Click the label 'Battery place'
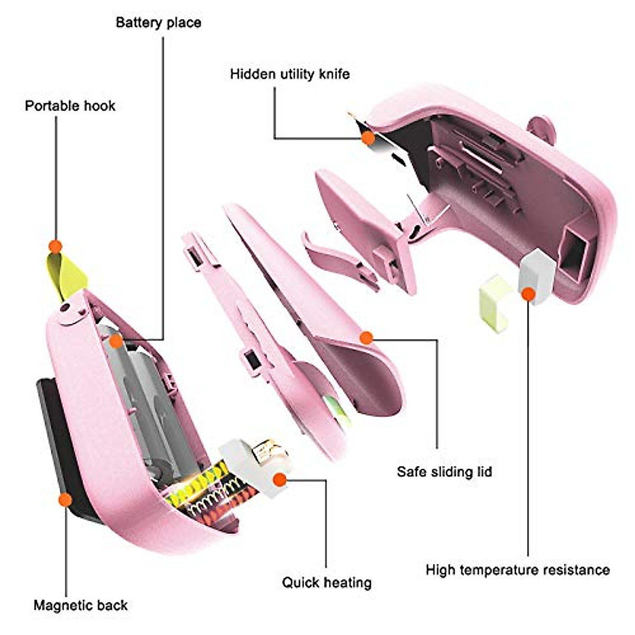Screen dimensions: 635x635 click(x=158, y=23)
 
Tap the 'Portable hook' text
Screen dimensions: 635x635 click(x=70, y=106)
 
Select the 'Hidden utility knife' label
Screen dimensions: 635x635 click(x=289, y=74)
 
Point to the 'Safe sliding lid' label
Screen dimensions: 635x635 click(x=444, y=471)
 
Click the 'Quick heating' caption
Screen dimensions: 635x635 click(x=326, y=583)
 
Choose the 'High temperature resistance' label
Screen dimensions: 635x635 click(x=518, y=570)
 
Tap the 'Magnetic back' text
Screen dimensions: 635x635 click(x=80, y=605)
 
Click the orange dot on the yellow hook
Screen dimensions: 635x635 click(x=55, y=247)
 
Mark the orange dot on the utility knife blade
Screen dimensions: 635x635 click(x=368, y=139)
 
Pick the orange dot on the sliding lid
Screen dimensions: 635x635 click(x=366, y=338)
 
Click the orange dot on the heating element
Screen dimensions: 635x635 click(x=279, y=480)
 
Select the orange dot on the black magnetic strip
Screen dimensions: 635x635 click(x=65, y=500)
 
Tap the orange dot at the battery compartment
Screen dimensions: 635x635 click(x=116, y=341)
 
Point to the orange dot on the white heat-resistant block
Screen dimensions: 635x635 click(x=528, y=294)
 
